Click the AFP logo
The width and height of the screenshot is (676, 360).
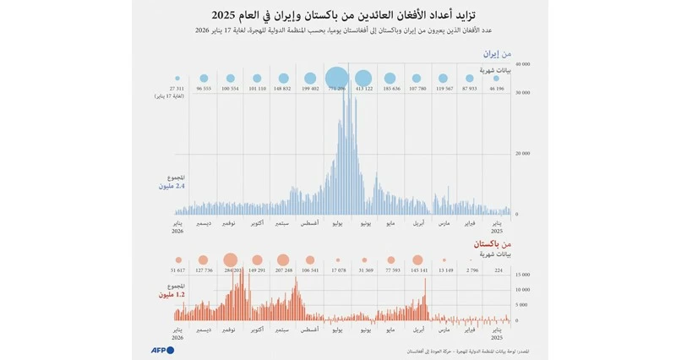[x=162, y=350]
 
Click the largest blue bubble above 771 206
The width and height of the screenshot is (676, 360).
[x=336, y=78]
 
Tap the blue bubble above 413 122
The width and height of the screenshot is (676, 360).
[x=363, y=78]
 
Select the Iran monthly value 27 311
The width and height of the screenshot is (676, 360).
[x=177, y=88]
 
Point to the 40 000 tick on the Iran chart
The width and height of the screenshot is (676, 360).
[x=522, y=64]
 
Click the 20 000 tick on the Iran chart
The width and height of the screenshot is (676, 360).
[x=522, y=154]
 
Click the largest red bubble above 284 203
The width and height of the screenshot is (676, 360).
[x=230, y=260]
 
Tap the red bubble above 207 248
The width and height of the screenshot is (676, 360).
[x=283, y=260]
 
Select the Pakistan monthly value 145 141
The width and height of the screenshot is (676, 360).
[x=417, y=270]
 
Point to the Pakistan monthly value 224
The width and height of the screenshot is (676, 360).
[x=498, y=270]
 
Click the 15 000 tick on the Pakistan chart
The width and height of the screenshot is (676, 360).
[x=522, y=275]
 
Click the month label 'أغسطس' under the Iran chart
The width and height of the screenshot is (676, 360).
[x=309, y=223]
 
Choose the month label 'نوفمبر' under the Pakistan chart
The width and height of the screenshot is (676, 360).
[x=230, y=328]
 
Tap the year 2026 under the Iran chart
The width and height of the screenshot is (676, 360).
[x=177, y=231]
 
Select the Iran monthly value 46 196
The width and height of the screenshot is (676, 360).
[x=498, y=88]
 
